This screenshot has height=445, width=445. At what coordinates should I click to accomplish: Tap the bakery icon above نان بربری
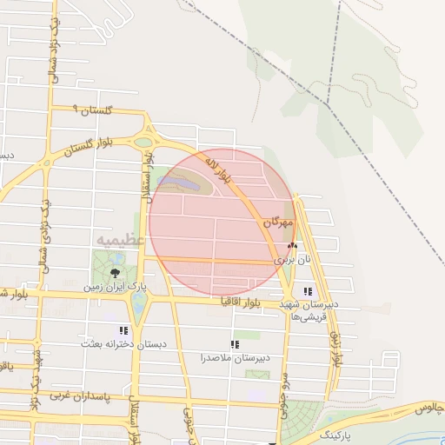click(292, 247)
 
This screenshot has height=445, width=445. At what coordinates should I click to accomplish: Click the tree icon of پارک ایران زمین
click(116, 272)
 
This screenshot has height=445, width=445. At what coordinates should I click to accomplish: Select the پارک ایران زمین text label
click(116, 285)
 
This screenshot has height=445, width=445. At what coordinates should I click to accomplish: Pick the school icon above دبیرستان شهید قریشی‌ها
click(307, 291)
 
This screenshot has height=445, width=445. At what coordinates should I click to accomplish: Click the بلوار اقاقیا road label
click(237, 302)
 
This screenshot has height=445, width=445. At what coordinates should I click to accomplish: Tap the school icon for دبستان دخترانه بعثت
click(123, 330)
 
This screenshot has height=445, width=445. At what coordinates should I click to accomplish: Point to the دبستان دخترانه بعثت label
click(123, 344)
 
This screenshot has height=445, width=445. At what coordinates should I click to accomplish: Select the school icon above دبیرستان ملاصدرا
click(235, 344)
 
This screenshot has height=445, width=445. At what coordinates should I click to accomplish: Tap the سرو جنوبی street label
click(284, 393)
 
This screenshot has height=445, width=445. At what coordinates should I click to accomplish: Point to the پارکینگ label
click(338, 432)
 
